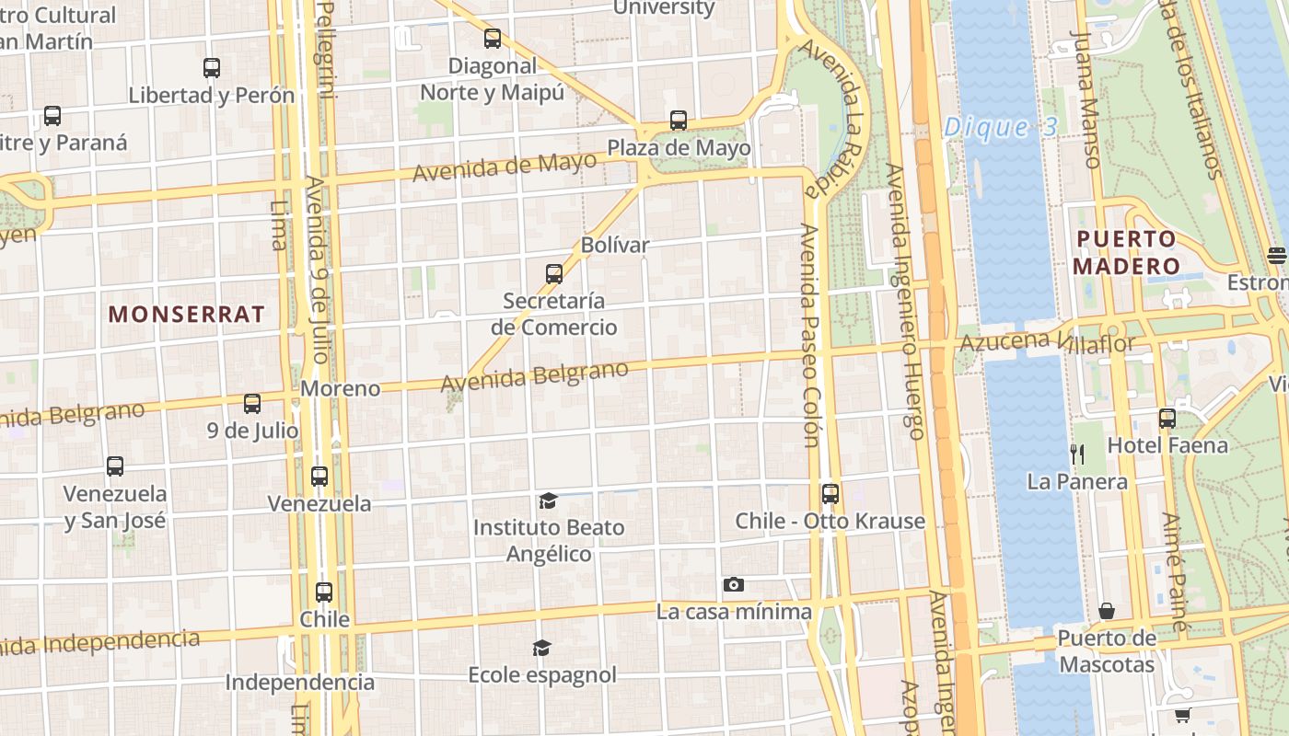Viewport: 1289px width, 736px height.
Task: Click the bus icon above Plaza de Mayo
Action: point(679,121)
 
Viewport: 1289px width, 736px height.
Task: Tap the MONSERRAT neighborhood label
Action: point(187,314)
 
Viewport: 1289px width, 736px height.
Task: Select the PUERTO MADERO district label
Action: point(1127,253)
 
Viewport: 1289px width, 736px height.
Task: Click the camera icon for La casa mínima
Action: point(734,584)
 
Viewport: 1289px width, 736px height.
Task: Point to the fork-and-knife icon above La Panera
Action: point(1077,454)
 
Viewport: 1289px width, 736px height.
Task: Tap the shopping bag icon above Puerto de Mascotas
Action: point(1107,611)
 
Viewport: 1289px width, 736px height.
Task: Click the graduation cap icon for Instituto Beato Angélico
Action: point(548,500)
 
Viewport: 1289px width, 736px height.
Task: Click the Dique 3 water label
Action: point(1001,127)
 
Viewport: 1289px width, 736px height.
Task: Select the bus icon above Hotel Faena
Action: point(1167,418)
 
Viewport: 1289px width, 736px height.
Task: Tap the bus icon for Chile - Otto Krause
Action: point(830,494)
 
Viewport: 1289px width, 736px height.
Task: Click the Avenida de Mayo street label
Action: point(505,167)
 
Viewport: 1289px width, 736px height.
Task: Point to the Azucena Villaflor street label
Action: point(1048,342)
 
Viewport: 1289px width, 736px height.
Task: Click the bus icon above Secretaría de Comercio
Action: point(553,273)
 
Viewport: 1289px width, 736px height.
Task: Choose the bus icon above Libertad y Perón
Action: point(212,67)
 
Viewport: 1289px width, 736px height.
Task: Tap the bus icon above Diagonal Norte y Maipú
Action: point(493,39)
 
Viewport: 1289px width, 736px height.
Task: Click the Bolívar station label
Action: point(615,245)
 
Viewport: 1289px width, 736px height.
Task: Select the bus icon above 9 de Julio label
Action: point(252,403)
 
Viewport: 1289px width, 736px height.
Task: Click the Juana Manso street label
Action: point(1086,99)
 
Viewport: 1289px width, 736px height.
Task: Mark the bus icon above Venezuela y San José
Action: point(115,466)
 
